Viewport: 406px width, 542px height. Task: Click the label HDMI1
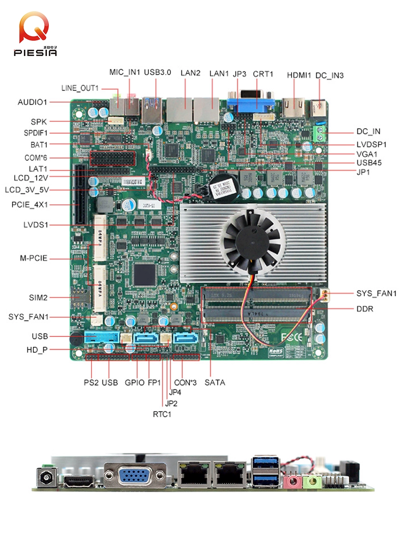(x=299, y=75)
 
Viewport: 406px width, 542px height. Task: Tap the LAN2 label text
(x=190, y=73)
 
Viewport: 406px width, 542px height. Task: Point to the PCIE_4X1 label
(x=30, y=205)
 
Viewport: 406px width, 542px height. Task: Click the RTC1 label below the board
(x=162, y=414)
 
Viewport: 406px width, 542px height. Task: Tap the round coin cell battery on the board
(x=221, y=186)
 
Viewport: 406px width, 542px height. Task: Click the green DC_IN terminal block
(x=321, y=132)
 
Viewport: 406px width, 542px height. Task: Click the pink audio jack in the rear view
(x=291, y=481)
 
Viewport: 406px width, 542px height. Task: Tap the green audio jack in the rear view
(x=312, y=481)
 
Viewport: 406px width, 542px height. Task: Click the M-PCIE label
(x=34, y=258)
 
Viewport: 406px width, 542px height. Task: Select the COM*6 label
(x=36, y=158)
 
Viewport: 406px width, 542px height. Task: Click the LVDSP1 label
(x=371, y=145)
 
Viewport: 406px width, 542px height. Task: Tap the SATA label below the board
(x=215, y=383)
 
